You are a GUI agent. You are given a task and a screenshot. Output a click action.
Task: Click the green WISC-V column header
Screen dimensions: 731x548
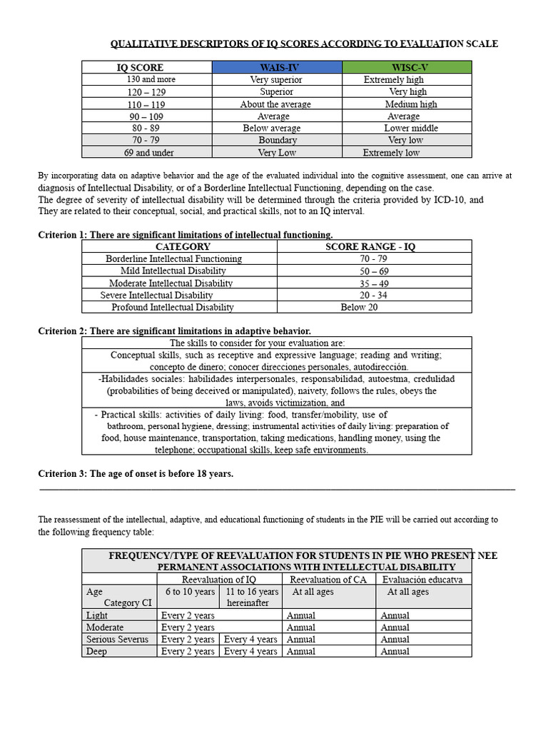[407, 67]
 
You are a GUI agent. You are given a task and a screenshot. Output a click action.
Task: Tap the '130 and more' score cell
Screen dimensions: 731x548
[151, 79]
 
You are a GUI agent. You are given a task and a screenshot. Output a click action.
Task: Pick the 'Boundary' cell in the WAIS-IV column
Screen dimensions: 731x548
[277, 141]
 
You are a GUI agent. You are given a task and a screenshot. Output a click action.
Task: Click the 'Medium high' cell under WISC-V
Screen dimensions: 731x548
[411, 104]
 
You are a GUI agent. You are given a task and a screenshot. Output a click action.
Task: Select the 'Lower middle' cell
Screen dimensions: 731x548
[411, 128]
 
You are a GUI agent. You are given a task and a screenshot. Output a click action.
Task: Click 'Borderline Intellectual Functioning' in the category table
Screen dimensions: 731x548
[173, 258]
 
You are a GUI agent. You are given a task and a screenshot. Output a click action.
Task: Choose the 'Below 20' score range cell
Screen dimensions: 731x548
[359, 307]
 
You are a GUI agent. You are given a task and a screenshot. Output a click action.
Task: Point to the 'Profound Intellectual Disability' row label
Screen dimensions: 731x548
[173, 307]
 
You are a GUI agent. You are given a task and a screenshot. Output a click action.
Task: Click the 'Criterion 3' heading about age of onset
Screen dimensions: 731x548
[136, 473]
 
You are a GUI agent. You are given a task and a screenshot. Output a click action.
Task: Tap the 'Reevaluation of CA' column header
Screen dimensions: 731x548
[328, 579]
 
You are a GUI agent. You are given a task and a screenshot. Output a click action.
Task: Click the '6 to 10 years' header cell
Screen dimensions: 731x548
[190, 592]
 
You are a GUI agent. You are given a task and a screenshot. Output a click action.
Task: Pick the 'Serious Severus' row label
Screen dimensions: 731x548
[117, 639]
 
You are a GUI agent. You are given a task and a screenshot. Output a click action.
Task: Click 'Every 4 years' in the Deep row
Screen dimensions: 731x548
[250, 651]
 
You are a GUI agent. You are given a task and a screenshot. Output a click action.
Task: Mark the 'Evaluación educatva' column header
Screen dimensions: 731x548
[422, 579]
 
